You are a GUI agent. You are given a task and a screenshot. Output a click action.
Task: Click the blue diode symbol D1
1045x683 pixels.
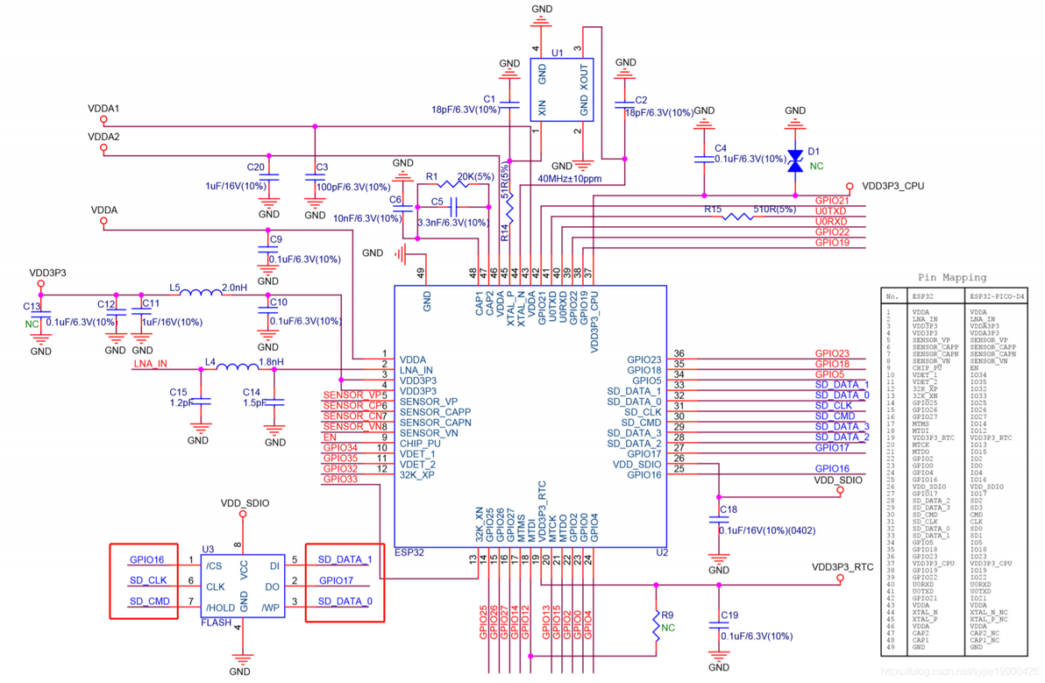[794, 160]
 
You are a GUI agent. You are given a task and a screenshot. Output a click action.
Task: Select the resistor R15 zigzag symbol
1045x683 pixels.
[737, 214]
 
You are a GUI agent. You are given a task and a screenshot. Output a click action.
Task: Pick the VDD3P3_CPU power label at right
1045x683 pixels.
[892, 186]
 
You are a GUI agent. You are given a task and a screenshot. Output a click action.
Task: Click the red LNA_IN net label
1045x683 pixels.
[150, 364]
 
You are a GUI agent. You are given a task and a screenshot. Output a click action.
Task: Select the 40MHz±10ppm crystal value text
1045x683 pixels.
[569, 178]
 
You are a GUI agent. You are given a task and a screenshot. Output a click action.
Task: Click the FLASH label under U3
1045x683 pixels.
[217, 623]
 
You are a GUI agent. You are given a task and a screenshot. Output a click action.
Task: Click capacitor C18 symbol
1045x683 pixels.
[718, 521]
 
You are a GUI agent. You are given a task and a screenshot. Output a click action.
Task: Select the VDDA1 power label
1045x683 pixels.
[103, 109]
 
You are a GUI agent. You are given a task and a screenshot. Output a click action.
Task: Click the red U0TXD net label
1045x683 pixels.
[831, 211]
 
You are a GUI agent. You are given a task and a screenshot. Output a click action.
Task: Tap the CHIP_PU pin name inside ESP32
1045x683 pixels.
[420, 444]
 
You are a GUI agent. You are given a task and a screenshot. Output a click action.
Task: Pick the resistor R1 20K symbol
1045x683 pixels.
[454, 183]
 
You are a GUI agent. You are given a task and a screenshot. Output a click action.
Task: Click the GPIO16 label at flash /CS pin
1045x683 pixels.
[146, 559]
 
